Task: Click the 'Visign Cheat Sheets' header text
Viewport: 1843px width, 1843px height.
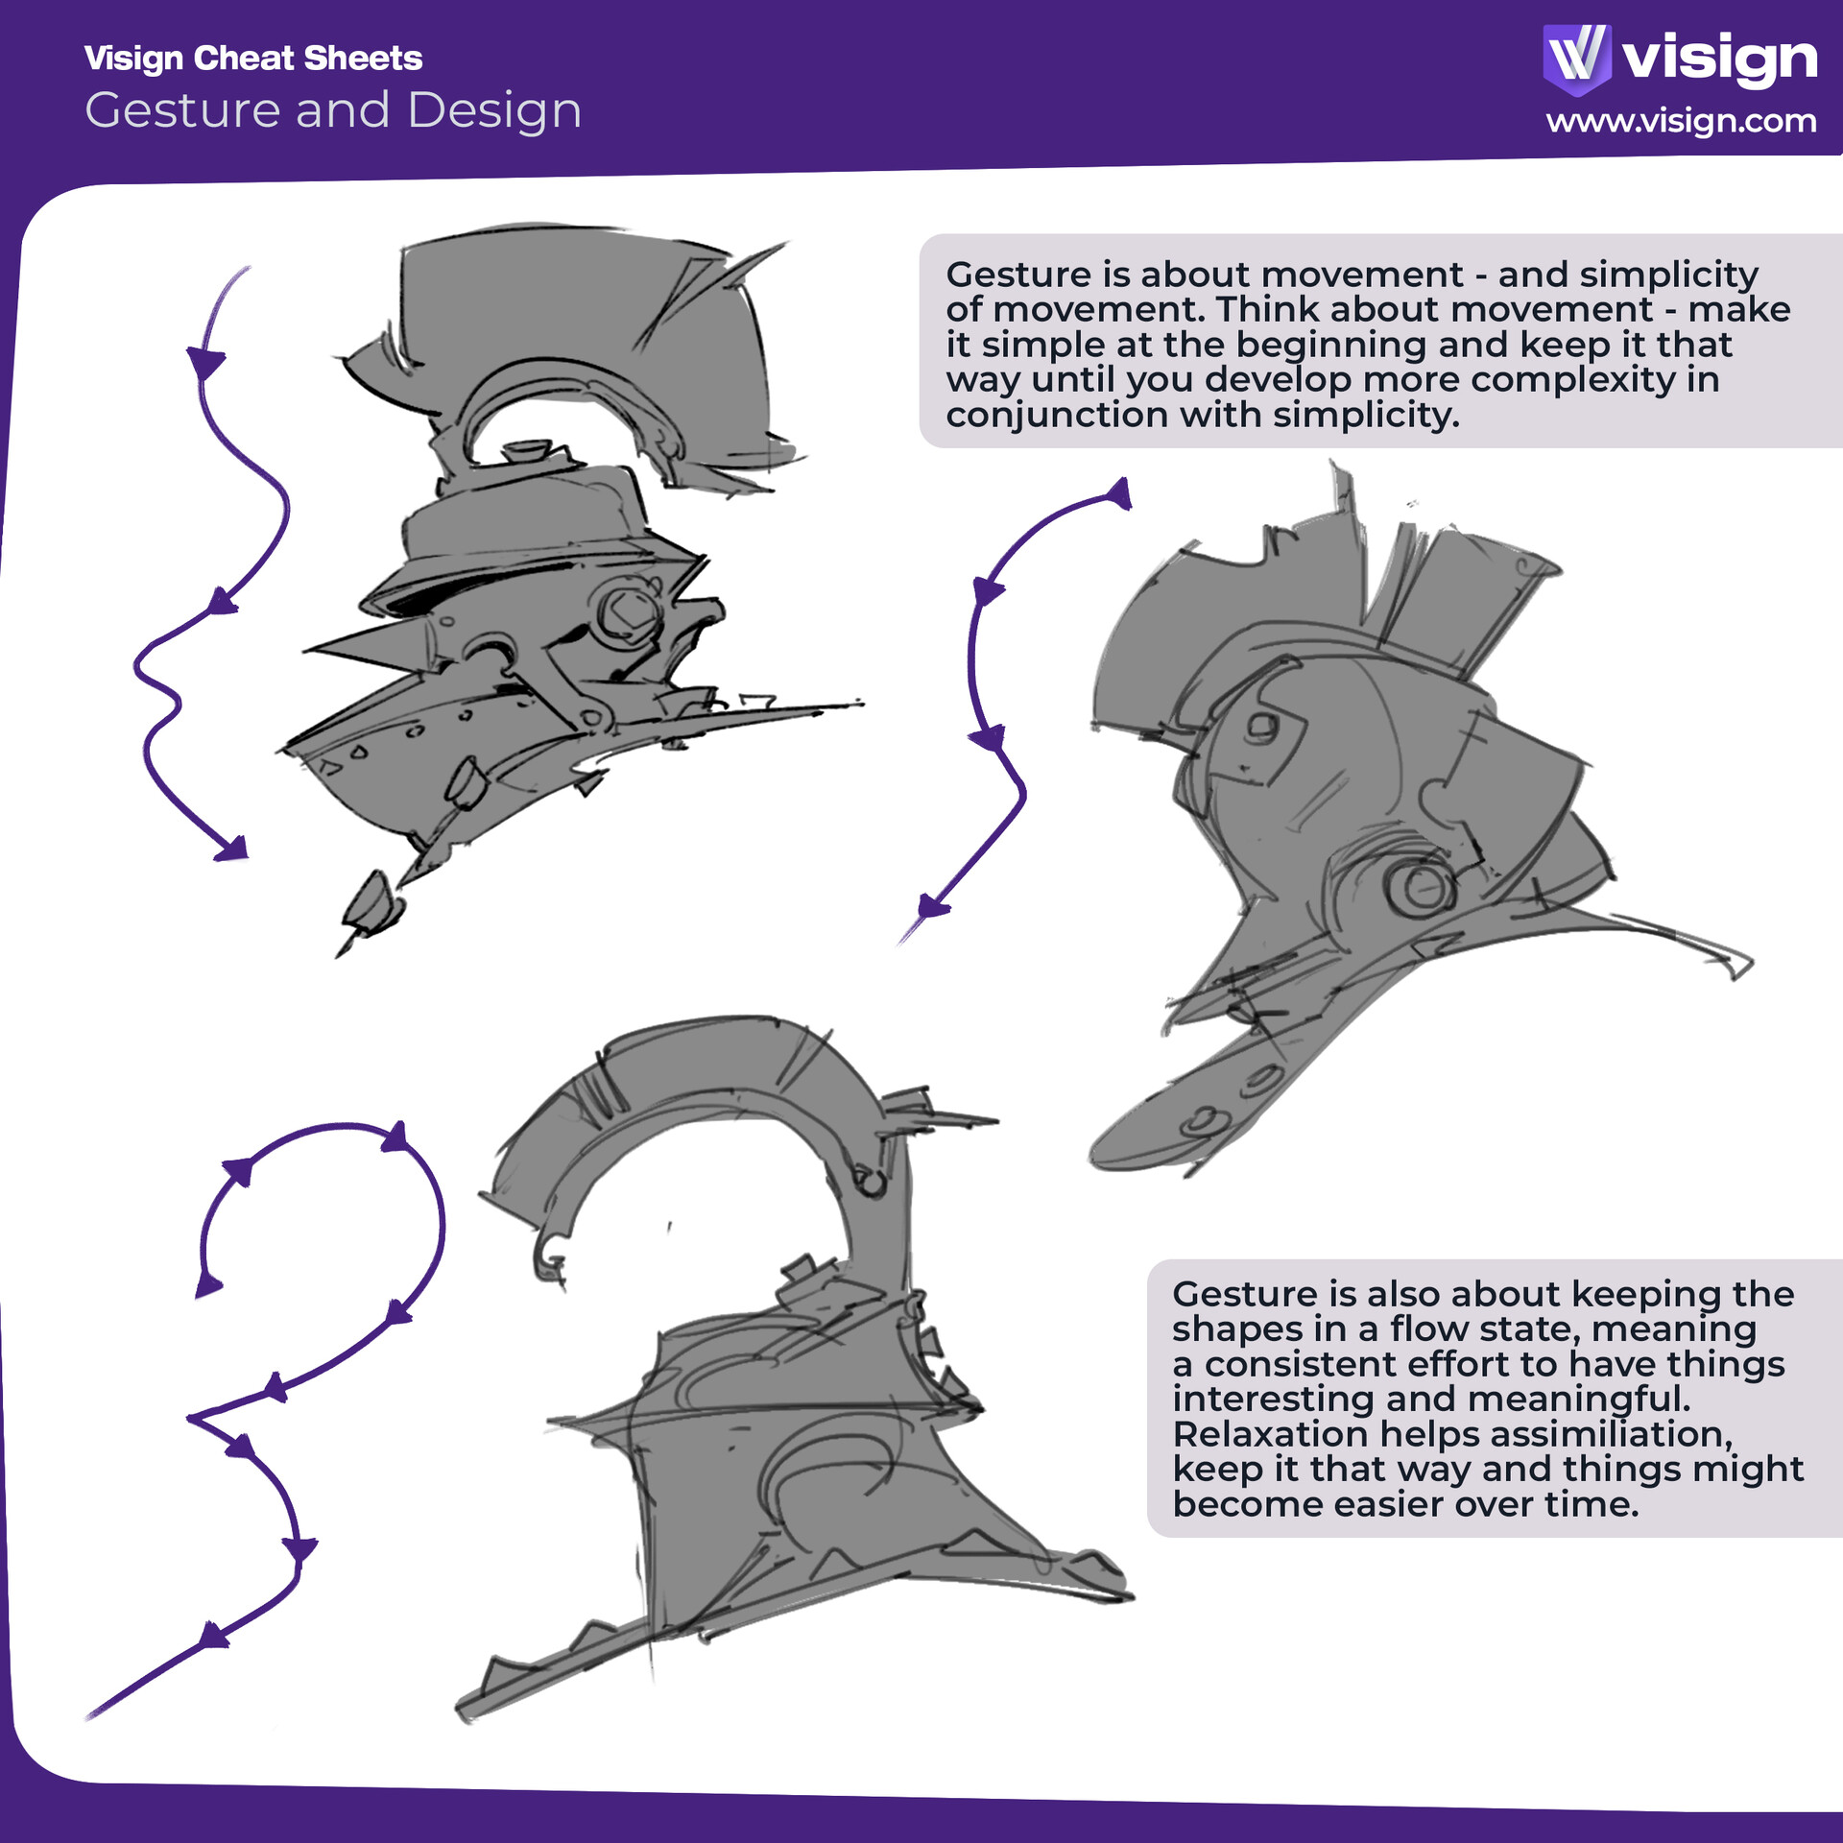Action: coord(252,59)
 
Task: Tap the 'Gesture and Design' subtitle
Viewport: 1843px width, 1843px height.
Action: coord(333,110)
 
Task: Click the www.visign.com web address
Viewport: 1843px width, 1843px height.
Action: coord(1681,121)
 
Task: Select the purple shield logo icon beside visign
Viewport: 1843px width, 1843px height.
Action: coord(1576,58)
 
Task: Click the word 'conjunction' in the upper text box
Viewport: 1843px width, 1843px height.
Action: coord(1055,415)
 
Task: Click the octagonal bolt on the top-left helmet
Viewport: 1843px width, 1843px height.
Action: coord(630,611)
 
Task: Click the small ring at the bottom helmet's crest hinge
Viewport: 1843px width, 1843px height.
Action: coord(870,1182)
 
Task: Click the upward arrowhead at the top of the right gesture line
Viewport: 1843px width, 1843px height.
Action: coord(1119,495)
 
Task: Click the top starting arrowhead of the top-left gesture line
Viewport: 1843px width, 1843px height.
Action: coord(205,363)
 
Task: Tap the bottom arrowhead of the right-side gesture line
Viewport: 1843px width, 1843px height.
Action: coord(931,906)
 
